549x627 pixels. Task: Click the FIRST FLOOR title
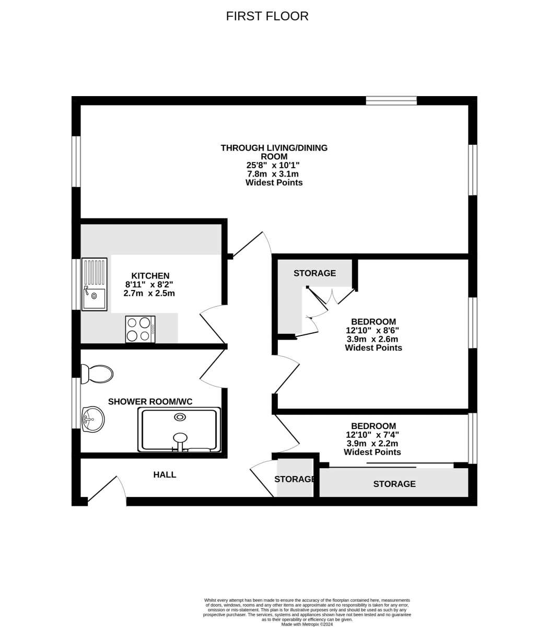point(267,16)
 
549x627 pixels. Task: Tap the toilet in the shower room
point(97,374)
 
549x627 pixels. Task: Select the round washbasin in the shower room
point(93,419)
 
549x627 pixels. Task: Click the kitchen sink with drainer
point(95,284)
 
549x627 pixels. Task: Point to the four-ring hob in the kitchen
point(141,329)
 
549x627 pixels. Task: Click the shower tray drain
point(180,417)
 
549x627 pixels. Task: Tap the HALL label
point(165,475)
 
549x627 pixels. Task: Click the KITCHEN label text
point(150,275)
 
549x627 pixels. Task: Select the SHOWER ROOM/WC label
point(150,401)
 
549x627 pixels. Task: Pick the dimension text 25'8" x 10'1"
point(273,165)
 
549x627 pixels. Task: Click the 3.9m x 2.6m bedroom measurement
point(372,339)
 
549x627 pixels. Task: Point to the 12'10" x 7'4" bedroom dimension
point(372,435)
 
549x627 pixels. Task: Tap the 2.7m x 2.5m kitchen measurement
point(149,293)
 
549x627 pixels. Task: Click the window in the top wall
point(392,100)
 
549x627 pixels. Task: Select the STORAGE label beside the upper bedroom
point(314,273)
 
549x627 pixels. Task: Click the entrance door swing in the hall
point(107,488)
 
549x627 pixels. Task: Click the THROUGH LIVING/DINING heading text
point(274,148)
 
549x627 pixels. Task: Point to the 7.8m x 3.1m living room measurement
point(273,174)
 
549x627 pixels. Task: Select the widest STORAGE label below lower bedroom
point(394,484)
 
